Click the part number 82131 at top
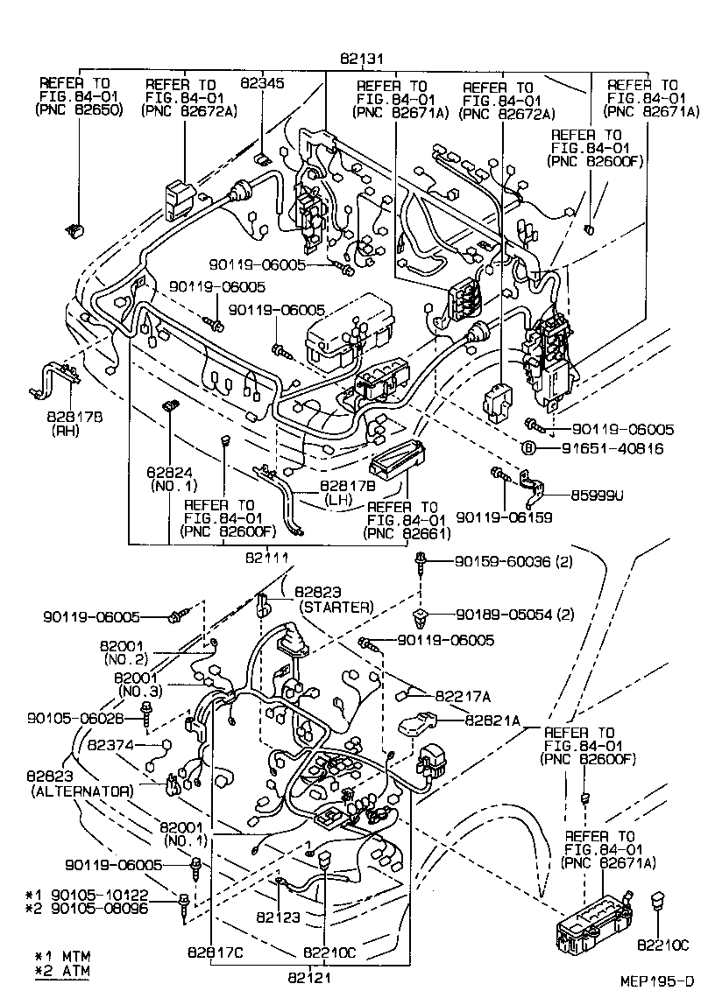pos(359,60)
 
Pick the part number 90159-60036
pos(503,561)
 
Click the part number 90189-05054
pos(503,614)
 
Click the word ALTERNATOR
pos(81,791)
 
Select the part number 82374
pos(110,745)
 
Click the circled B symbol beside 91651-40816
pos(529,448)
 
